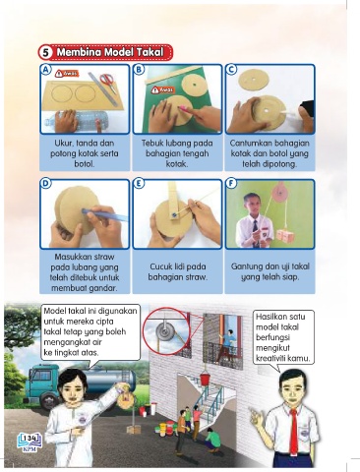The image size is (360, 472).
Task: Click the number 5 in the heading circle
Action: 47,52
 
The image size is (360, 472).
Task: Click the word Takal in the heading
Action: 150,52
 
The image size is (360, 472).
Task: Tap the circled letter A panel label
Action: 46,70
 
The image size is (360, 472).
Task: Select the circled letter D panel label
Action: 46,183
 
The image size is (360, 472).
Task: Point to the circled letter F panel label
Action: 231,183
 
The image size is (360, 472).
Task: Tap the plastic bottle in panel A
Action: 77,120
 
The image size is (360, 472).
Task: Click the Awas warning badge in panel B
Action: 163,89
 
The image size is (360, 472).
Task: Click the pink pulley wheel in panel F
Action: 279,191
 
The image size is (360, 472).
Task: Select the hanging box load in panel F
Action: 284,235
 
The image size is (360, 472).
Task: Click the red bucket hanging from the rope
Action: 205,379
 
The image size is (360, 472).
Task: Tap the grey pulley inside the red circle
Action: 166,330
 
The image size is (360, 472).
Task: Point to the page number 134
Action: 30,438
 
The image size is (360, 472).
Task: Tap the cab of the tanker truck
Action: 41,384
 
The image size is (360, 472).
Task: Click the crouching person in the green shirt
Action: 212,442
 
